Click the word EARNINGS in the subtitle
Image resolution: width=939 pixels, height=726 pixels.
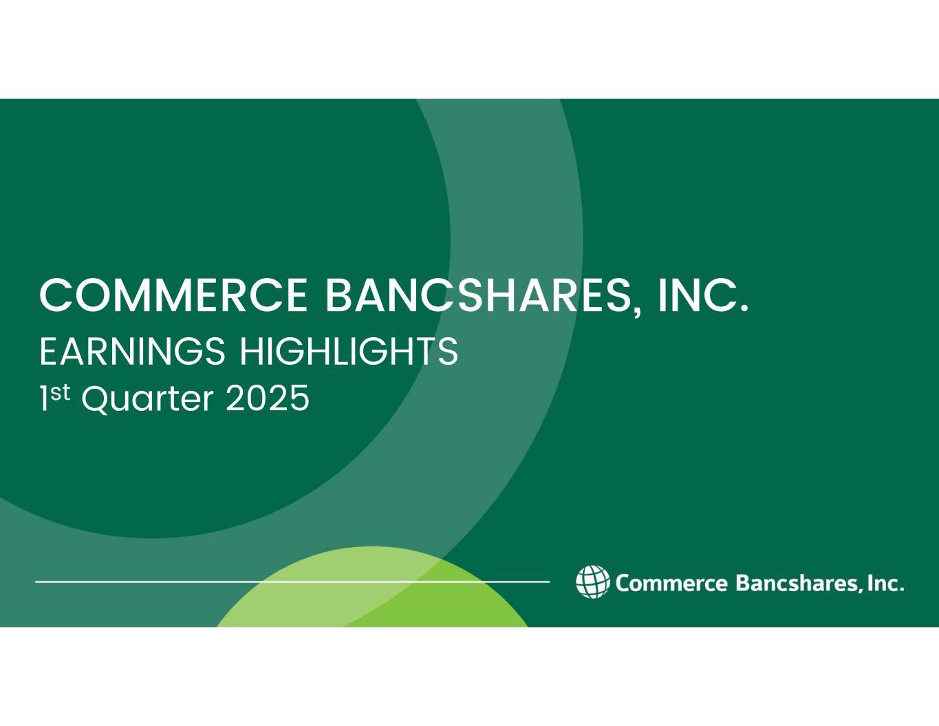[x=133, y=352]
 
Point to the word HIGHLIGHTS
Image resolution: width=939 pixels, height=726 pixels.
[x=349, y=352]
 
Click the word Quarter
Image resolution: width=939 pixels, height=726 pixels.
[x=148, y=399]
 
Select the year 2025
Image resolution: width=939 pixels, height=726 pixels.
[x=268, y=398]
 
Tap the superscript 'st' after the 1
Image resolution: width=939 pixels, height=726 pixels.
[x=60, y=392]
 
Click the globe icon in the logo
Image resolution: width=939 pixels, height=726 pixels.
[x=593, y=581]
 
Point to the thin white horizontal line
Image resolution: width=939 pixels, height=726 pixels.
[x=292, y=581]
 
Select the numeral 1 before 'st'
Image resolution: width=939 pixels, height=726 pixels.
[x=44, y=398]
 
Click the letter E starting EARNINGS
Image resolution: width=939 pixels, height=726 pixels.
[x=48, y=352]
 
